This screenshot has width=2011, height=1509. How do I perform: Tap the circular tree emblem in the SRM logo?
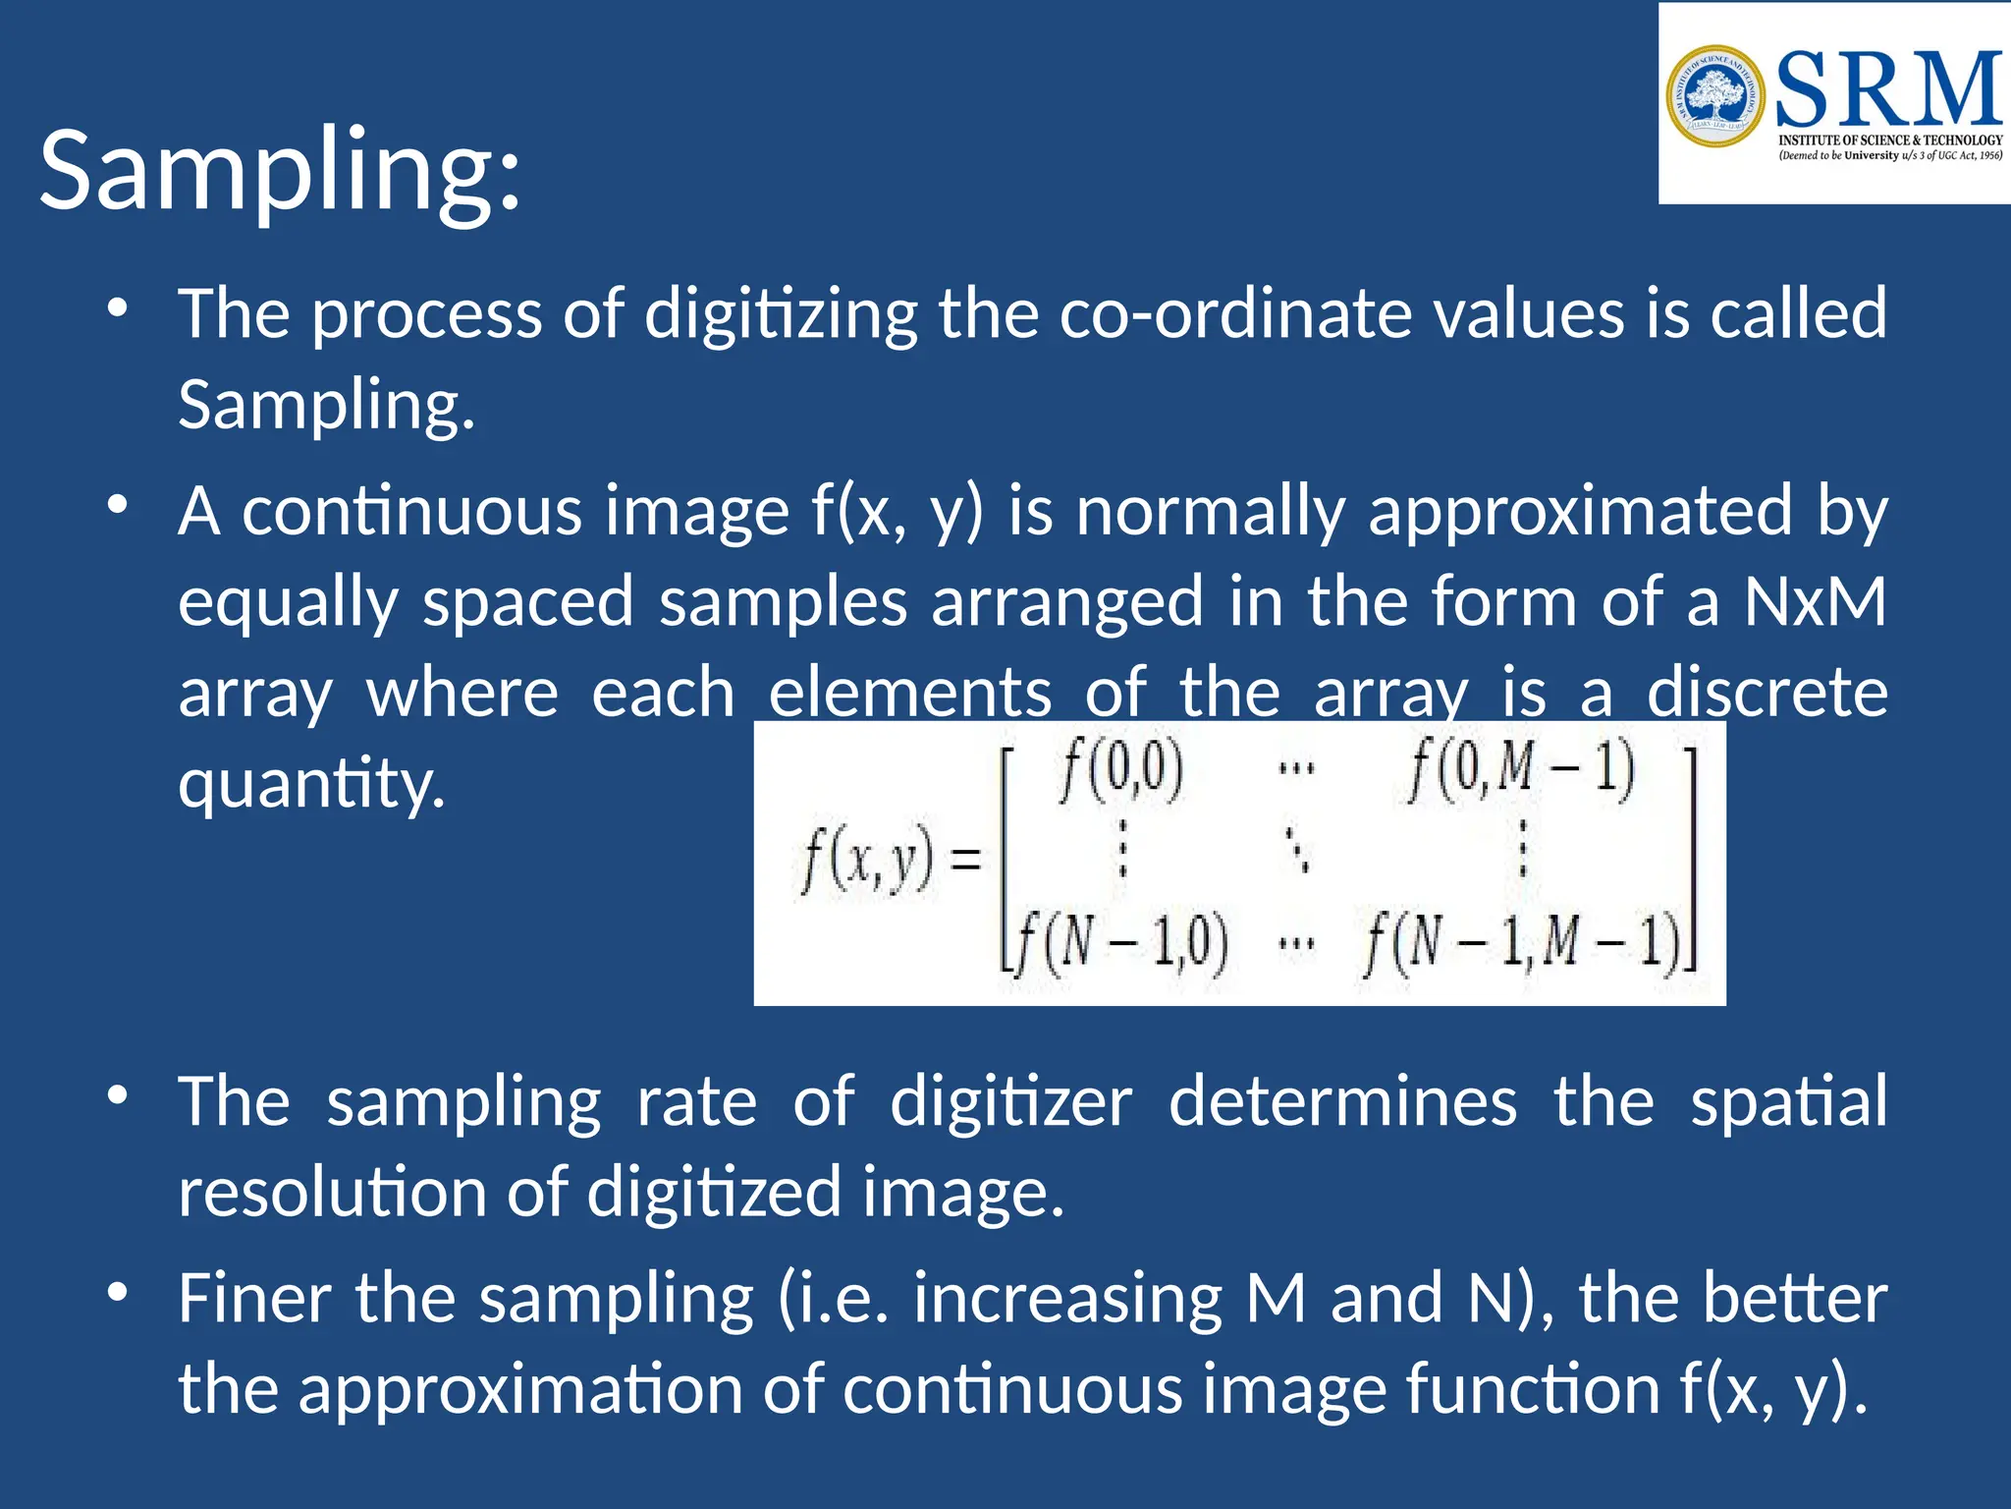[1715, 96]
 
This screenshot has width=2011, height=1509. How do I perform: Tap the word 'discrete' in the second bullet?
[1766, 693]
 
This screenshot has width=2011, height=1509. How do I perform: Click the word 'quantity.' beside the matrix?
[312, 784]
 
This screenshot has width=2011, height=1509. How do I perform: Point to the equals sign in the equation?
[966, 862]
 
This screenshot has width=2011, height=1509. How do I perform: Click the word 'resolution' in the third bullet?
[330, 1193]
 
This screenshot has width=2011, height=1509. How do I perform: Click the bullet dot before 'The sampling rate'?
[118, 1095]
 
